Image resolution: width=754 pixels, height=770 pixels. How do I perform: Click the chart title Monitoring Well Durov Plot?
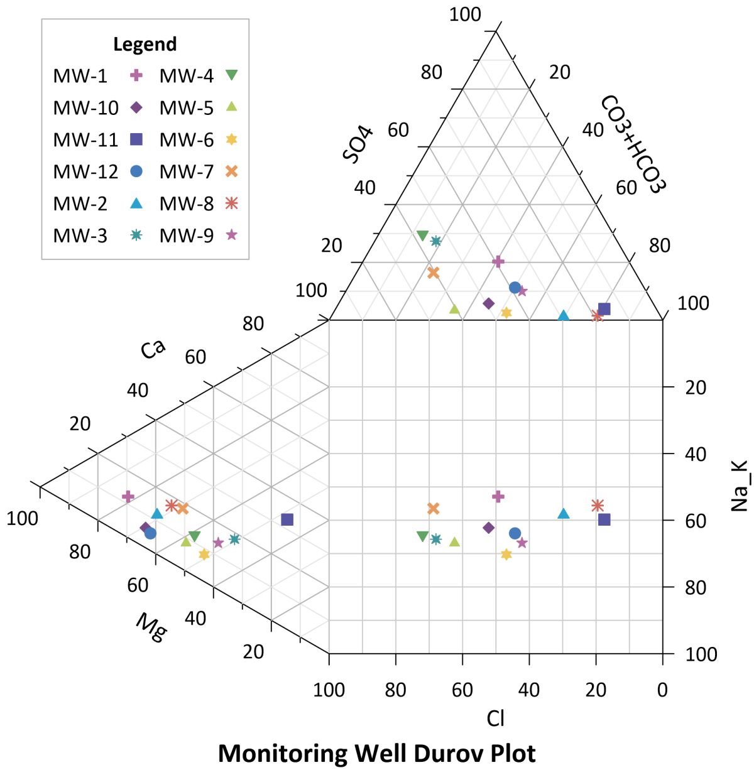pos(376,752)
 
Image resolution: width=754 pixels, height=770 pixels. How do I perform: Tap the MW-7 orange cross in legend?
pos(232,171)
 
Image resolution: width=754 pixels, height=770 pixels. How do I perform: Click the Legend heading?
pos(145,45)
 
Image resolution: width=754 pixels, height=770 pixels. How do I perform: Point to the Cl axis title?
pos(496,718)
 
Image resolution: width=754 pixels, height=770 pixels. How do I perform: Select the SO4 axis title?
pos(359,145)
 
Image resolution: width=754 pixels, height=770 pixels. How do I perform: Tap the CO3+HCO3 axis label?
pos(631,144)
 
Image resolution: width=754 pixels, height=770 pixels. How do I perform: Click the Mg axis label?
pos(151,627)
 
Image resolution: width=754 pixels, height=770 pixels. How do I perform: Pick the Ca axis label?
pos(153,349)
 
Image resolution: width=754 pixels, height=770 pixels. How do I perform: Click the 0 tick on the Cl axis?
pos(662,690)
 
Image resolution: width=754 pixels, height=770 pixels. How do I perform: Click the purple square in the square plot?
pos(604,519)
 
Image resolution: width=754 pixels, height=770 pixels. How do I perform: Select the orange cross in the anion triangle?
pos(433,273)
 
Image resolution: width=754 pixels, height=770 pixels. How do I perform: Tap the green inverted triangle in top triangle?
pos(423,236)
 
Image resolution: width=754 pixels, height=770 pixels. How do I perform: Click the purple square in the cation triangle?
pos(287,519)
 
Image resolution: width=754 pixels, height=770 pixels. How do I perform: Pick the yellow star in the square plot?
pos(506,554)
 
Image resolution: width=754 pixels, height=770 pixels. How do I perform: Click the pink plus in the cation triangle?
pos(128,497)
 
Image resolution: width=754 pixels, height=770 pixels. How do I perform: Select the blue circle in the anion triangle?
pos(515,288)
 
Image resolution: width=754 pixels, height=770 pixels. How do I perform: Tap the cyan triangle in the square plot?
pos(564,514)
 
